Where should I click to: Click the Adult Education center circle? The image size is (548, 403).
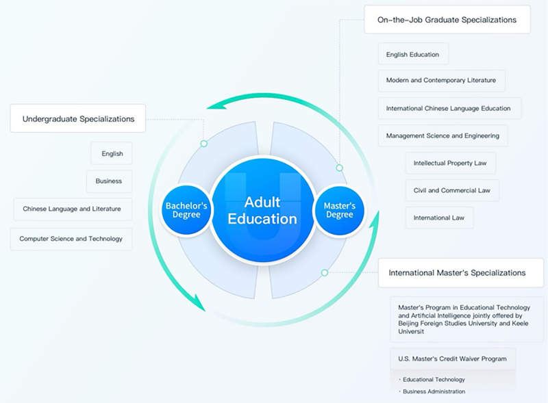click(x=262, y=210)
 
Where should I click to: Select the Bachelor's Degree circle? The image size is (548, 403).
click(x=183, y=210)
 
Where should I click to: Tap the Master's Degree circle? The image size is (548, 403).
click(x=339, y=210)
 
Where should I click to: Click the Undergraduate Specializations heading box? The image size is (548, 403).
click(x=78, y=118)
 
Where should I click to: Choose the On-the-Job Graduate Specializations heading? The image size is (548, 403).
click(x=447, y=20)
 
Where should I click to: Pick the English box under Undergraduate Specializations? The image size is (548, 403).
click(x=112, y=153)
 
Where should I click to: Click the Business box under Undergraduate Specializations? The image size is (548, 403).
click(x=109, y=181)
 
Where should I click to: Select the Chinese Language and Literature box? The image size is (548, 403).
click(x=72, y=208)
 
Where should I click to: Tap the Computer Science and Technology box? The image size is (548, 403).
click(x=71, y=239)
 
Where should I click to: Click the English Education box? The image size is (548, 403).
click(x=412, y=54)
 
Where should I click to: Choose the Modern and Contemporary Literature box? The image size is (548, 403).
click(x=440, y=80)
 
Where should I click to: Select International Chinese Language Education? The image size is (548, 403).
click(x=448, y=108)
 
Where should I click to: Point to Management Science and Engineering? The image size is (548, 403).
click(x=443, y=135)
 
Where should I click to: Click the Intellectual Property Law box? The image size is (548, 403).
click(x=450, y=163)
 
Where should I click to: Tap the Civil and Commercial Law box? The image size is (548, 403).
click(x=451, y=190)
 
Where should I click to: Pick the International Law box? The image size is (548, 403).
click(x=439, y=218)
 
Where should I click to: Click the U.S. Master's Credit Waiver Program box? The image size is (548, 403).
click(x=452, y=359)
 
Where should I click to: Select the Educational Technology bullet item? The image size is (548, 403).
click(x=434, y=379)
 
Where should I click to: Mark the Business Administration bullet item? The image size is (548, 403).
click(x=434, y=391)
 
